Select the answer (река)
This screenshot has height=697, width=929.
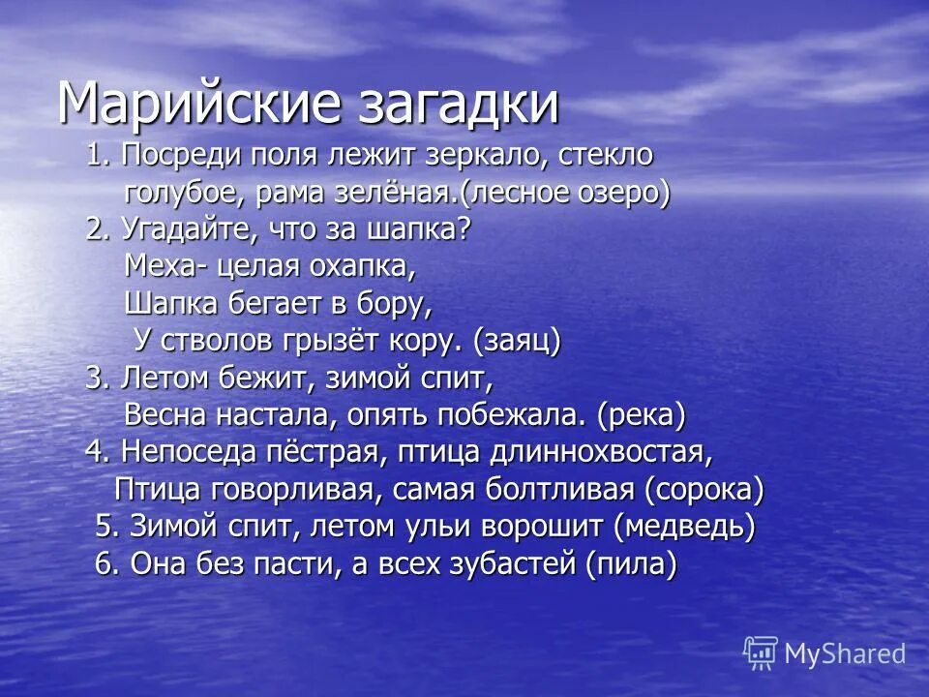(x=642, y=415)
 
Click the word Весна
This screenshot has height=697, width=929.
(x=168, y=415)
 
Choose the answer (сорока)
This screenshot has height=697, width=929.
(x=704, y=490)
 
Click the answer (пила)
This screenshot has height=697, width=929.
(x=630, y=564)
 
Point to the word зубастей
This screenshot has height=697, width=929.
(x=508, y=564)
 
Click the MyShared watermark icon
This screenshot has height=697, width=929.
(x=761, y=653)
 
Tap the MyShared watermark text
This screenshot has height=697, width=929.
(x=845, y=653)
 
